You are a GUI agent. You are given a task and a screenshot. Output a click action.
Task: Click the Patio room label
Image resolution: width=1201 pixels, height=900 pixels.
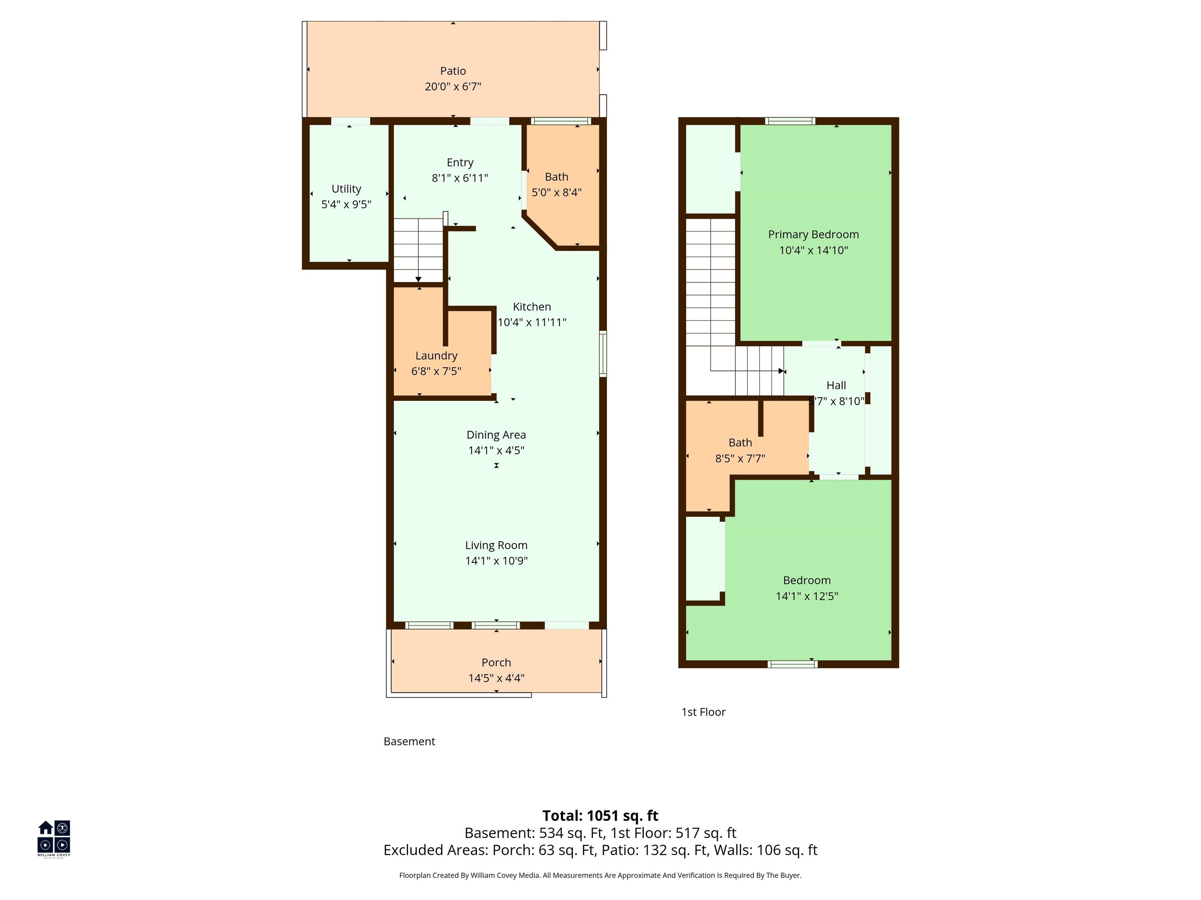coord(453,71)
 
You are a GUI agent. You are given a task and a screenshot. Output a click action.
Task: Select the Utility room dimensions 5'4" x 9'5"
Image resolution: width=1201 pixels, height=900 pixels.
coord(346,205)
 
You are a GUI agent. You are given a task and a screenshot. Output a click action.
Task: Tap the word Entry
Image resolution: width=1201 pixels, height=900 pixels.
coord(460,163)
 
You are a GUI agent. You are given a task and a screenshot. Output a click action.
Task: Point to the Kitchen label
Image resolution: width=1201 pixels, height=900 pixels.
coord(532,307)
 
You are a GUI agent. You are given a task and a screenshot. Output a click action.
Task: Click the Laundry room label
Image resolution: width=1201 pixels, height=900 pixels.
coord(437,356)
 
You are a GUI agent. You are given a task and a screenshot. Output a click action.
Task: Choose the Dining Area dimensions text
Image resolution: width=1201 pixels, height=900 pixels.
coord(496,450)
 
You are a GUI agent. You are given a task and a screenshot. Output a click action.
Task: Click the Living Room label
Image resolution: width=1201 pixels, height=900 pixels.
coord(496,545)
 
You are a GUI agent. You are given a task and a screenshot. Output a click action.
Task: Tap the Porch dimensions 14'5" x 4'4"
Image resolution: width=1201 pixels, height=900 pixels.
coord(496,678)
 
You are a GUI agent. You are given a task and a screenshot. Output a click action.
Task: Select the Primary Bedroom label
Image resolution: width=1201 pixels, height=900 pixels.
coord(813,235)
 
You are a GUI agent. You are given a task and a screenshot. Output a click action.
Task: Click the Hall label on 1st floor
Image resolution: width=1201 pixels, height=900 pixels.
coord(836,385)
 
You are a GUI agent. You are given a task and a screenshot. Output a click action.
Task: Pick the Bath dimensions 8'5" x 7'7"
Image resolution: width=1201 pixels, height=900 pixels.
coord(740,459)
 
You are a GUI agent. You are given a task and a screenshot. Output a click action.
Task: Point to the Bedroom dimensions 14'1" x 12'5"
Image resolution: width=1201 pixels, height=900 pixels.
coord(807,596)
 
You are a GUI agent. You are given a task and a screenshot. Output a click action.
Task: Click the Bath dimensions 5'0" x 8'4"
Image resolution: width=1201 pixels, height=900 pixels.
coord(557,193)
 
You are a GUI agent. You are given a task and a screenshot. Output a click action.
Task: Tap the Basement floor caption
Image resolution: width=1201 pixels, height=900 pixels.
coord(409,741)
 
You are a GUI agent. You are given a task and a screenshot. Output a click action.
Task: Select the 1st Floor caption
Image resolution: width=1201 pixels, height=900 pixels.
coord(704,712)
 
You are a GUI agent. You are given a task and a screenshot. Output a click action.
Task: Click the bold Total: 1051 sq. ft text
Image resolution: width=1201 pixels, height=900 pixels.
coord(600,816)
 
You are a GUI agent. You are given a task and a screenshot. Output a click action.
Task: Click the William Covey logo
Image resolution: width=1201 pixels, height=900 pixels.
coord(54,838)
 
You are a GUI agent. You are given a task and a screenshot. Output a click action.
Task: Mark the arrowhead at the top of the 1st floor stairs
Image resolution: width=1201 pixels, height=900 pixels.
coord(781,371)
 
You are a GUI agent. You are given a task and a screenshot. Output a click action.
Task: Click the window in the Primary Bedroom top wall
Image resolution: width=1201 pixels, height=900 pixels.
coord(790,121)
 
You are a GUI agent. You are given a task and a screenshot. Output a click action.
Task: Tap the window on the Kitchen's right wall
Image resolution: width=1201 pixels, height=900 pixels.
coord(603,354)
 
